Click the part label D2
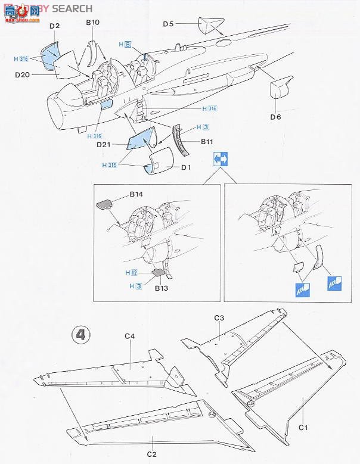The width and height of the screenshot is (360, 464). click(x=55, y=26)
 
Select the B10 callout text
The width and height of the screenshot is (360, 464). click(x=92, y=22)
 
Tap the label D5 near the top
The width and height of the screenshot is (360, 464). click(x=168, y=24)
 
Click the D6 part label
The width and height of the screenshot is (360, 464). click(x=275, y=117)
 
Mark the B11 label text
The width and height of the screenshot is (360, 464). click(x=207, y=141)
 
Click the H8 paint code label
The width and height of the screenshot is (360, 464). click(x=125, y=44)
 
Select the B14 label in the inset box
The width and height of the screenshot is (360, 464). click(x=136, y=195)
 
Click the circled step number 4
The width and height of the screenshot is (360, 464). click(x=80, y=335)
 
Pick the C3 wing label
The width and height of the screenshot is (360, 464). click(x=219, y=319)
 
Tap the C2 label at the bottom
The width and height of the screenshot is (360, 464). click(x=152, y=455)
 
